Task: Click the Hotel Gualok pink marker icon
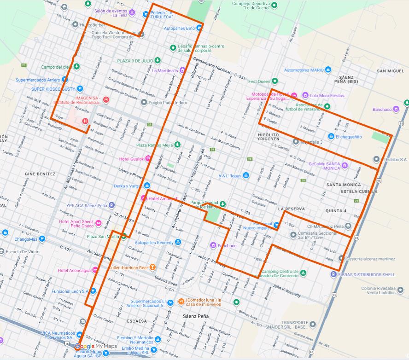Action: point(148,159)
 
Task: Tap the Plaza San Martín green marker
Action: point(123,237)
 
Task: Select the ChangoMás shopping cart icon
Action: point(42,239)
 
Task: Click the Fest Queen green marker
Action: point(275,81)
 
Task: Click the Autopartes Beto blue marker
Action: point(199,28)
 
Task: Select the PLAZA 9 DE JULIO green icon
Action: point(158,60)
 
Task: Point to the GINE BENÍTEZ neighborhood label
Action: point(40,174)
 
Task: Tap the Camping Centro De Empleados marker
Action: point(304,273)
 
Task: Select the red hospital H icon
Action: point(85,122)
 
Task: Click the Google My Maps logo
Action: point(95,347)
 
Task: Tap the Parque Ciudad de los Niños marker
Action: point(223,203)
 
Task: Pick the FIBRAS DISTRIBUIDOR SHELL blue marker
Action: point(333,275)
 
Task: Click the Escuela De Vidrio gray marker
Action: point(2,252)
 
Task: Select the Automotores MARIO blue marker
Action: point(328,70)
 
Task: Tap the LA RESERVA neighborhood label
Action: point(292,209)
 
